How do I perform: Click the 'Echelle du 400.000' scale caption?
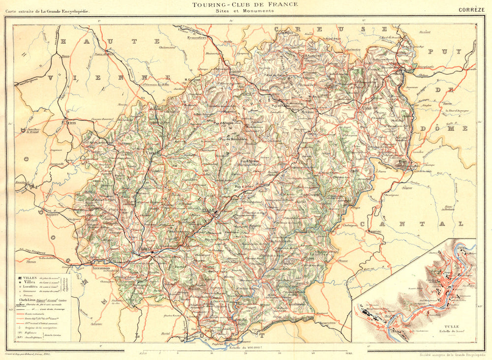click(x=243, y=348)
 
